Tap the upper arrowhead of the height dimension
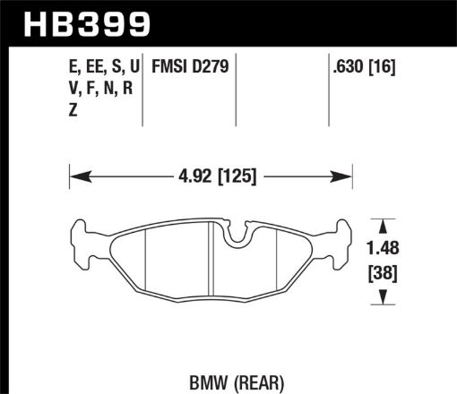point(384,225)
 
